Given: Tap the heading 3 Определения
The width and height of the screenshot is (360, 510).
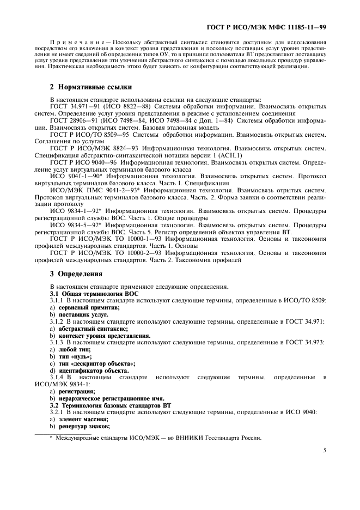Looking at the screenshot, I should coord(76,274).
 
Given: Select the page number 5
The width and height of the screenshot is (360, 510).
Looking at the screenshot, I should coord(325,451).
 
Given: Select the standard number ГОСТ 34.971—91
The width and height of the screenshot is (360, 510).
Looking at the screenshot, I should coord(72,106).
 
